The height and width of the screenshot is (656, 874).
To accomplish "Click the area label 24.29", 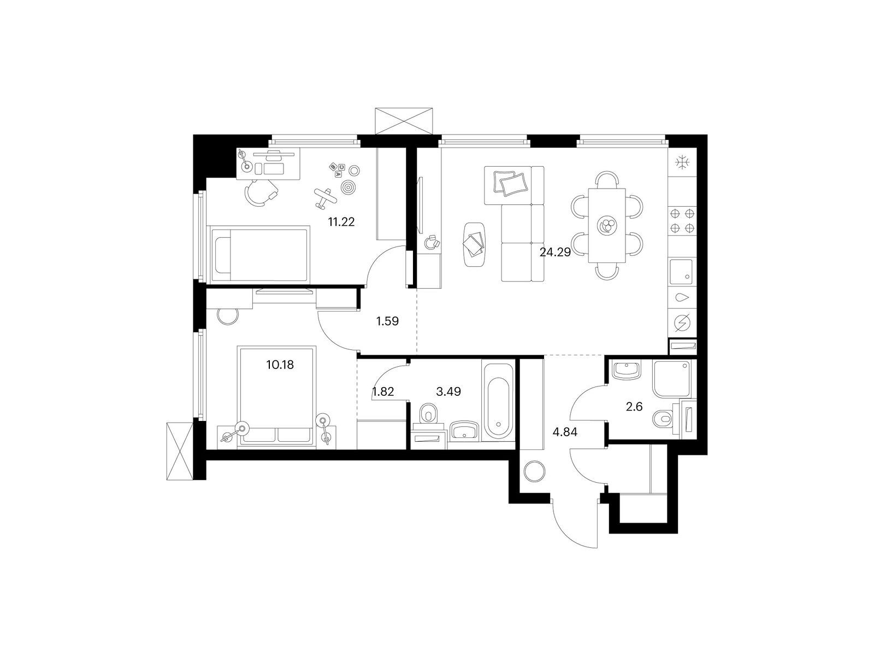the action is click(555, 252).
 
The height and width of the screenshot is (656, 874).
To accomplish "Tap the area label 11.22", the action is click(341, 222).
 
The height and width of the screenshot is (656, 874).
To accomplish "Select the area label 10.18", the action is click(280, 365).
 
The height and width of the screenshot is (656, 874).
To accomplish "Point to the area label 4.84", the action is click(565, 432).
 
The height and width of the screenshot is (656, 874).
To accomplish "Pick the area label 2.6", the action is click(634, 407).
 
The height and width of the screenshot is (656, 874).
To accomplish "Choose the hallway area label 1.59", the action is click(387, 321).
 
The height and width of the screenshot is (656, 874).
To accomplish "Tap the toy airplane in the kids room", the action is click(325, 198).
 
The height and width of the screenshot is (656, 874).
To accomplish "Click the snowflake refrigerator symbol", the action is click(682, 162).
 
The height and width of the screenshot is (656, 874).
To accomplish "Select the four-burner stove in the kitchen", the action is click(682, 221).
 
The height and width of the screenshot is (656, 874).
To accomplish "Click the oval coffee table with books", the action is click(474, 244).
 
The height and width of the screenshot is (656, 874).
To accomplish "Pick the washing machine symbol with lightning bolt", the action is click(682, 323).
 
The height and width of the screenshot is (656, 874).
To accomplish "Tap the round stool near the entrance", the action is click(533, 471).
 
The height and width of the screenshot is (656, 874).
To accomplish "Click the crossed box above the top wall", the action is click(403, 121).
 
